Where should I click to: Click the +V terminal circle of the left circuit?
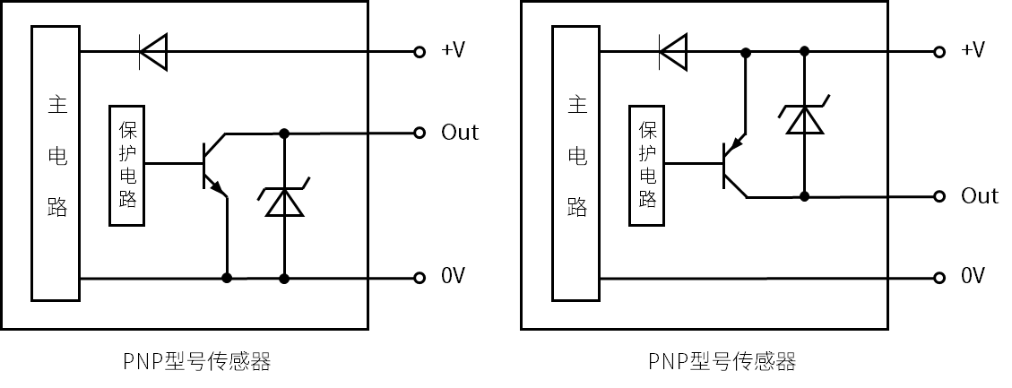coord(419,52)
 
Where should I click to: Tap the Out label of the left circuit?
coord(460,133)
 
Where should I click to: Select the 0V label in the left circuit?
coord(454,276)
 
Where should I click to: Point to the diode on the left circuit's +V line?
coord(153,52)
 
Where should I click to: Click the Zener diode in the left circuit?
coord(284,202)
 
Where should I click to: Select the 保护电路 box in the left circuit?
coord(126,166)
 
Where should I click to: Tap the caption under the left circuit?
coord(196,362)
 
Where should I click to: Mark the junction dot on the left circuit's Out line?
coord(284,134)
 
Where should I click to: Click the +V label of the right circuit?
coord(973,50)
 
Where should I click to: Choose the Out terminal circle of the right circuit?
coord(938,196)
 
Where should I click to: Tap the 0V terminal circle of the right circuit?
coord(938,278)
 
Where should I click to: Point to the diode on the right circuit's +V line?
coord(672,51)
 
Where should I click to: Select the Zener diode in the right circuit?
coord(804,118)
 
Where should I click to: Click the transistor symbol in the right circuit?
coord(733,166)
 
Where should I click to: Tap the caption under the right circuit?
coord(722,362)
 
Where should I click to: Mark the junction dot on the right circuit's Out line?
coord(804,196)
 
